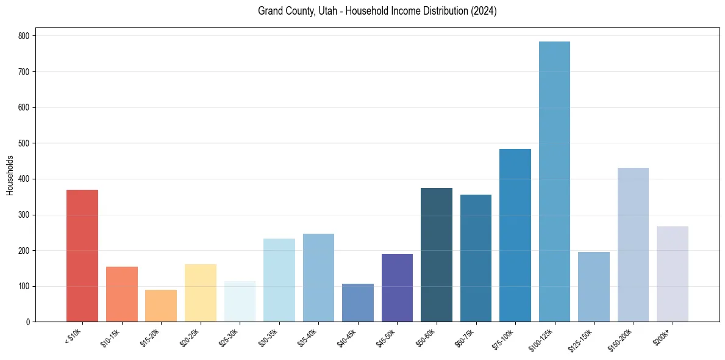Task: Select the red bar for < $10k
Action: point(82,256)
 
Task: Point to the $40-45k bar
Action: point(358,303)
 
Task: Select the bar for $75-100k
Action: point(515,236)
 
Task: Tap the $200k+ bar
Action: point(673,274)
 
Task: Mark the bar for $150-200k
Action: point(633,245)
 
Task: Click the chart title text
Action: point(377,11)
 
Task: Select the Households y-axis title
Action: point(10,175)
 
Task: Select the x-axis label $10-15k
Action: point(112,337)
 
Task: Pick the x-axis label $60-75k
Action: point(466,337)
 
